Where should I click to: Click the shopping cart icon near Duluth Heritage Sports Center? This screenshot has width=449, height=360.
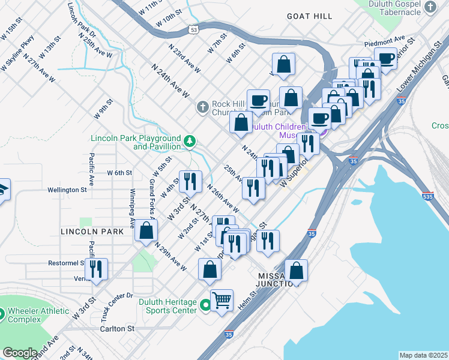pos(221,299)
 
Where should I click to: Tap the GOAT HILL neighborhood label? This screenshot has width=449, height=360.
pos(309,16)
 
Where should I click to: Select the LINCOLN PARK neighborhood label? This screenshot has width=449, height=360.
pos(87,231)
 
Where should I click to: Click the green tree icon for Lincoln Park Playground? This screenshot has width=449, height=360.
pos(190,142)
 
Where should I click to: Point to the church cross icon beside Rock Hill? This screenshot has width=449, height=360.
pos(203,107)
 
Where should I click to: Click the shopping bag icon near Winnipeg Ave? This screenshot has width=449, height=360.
pos(146,230)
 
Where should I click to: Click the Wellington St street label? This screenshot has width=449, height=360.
pos(67,190)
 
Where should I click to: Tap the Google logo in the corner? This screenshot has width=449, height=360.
pos(20,353)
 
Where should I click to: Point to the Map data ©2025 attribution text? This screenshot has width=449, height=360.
pos(423,355)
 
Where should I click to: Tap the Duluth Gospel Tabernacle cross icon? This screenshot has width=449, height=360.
pos(430,7)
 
